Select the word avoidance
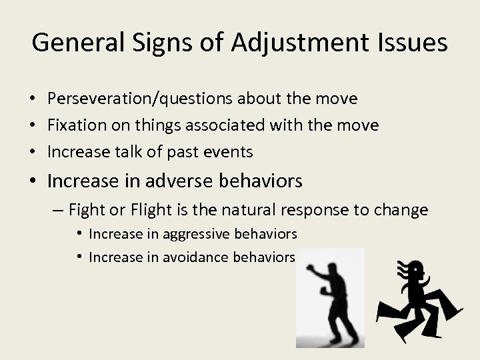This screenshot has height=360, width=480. coord(175,257)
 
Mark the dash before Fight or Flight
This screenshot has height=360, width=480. coord(57,211)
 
